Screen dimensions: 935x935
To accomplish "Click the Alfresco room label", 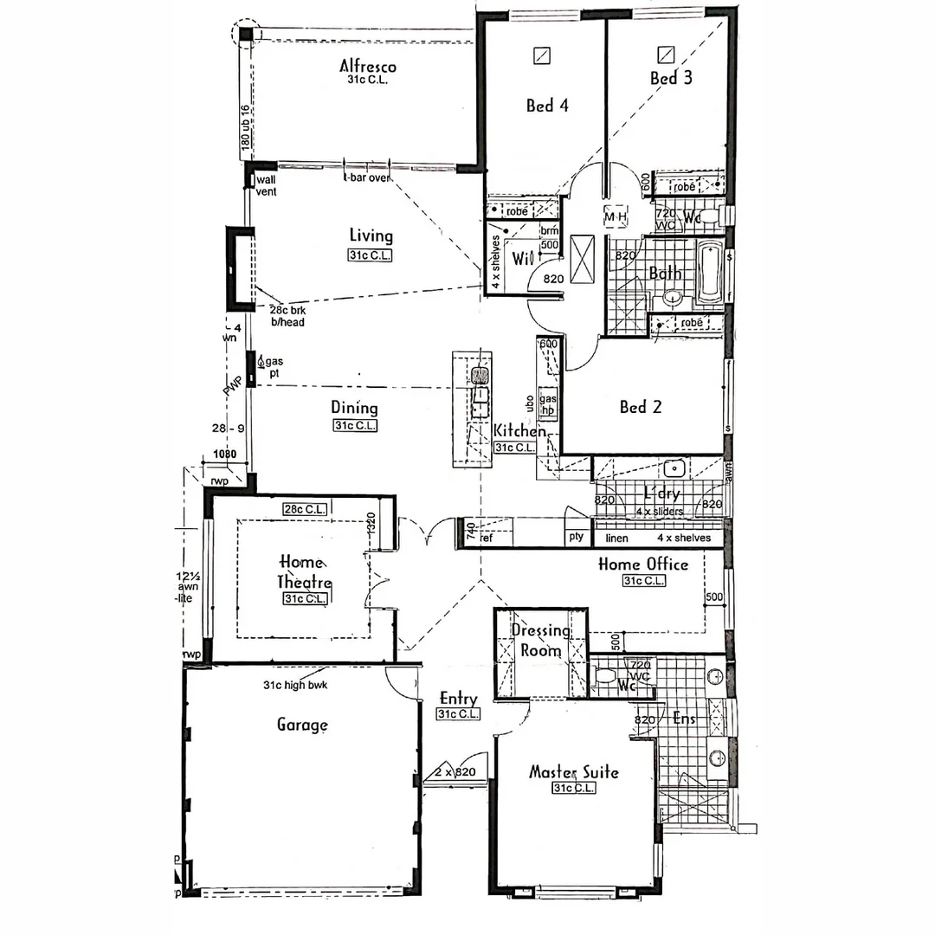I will (x=368, y=66).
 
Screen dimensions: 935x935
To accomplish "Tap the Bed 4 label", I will (x=547, y=106).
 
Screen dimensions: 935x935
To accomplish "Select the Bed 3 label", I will (x=671, y=78).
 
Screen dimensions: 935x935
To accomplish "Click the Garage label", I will (x=301, y=725).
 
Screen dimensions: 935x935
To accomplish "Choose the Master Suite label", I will (x=573, y=771).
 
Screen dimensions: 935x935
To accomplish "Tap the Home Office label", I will (x=643, y=564).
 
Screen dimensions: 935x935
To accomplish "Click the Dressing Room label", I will (x=539, y=641).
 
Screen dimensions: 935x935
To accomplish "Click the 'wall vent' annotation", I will (x=266, y=185).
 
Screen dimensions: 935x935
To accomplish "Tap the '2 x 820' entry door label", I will (x=455, y=771).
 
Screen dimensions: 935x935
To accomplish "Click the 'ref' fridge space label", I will (x=486, y=538).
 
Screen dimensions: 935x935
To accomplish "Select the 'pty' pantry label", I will (x=575, y=538).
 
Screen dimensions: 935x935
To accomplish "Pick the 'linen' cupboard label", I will (x=616, y=538).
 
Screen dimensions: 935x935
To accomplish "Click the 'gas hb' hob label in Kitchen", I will (x=547, y=404).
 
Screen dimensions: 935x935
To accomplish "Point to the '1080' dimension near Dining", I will (x=224, y=454).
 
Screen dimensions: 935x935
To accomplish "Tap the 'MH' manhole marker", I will (x=615, y=216).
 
